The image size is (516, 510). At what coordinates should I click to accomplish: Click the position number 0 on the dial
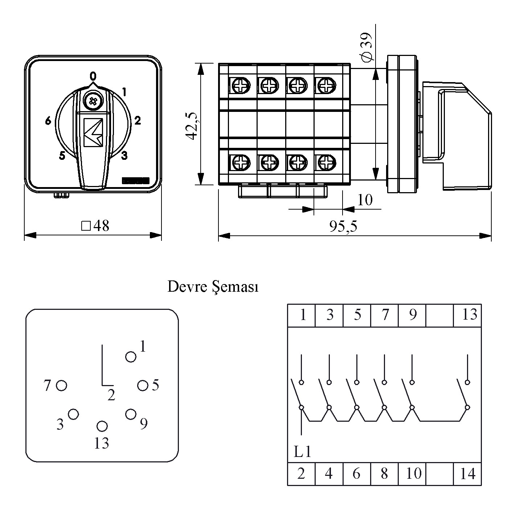(x=93, y=76)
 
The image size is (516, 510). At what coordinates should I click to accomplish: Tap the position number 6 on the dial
(x=48, y=121)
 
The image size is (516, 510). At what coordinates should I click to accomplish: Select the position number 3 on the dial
(x=124, y=156)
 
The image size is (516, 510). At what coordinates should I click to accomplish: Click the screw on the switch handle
(x=93, y=101)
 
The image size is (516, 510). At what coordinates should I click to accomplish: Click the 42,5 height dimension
(x=191, y=125)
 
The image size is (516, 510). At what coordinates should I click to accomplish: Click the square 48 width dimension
(x=96, y=226)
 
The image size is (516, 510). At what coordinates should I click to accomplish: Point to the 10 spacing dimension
(x=365, y=200)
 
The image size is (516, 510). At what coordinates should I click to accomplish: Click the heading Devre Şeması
(x=213, y=287)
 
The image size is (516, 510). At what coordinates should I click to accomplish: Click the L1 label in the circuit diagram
(x=302, y=452)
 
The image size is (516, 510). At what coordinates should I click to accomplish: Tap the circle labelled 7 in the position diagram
(x=62, y=385)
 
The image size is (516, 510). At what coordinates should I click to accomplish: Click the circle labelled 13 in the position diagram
(x=102, y=426)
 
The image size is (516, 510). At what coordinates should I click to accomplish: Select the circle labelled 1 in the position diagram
(x=131, y=357)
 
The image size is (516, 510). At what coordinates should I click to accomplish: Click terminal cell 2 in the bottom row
(x=301, y=473)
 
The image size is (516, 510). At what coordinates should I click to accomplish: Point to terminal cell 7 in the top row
(x=385, y=315)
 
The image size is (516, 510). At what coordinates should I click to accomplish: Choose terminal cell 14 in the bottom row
(x=468, y=473)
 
